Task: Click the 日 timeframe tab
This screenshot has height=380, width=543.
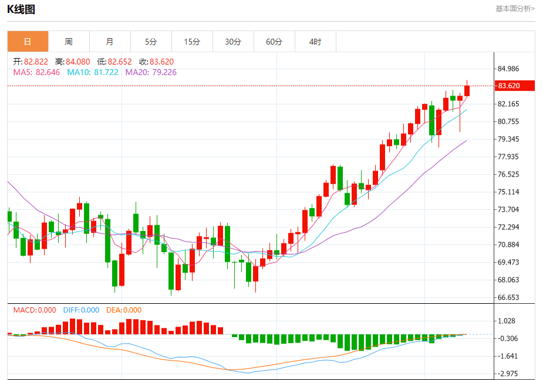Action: click(28, 42)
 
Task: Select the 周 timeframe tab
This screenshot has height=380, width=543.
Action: click(69, 42)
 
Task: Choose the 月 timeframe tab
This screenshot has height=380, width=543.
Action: click(110, 42)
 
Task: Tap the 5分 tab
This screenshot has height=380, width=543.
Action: click(151, 42)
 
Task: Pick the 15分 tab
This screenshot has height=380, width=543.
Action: click(192, 42)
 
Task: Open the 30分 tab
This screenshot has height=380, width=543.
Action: click(233, 42)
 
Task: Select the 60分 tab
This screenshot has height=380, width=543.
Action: click(274, 42)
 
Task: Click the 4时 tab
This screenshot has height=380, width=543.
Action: click(315, 42)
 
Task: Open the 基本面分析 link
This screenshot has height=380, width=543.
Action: click(515, 9)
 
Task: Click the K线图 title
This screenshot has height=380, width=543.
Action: click(21, 9)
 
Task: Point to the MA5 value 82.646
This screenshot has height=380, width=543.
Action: click(48, 72)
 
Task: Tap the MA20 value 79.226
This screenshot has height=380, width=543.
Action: click(164, 72)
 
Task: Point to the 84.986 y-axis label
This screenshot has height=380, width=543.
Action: click(509, 69)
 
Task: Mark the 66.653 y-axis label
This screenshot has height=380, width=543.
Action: click(509, 297)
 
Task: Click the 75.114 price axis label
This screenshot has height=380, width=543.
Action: click(509, 192)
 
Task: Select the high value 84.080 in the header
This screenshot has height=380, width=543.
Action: click(78, 62)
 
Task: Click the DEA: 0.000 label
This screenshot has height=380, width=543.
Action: click(124, 310)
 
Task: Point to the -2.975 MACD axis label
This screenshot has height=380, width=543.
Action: click(509, 374)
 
